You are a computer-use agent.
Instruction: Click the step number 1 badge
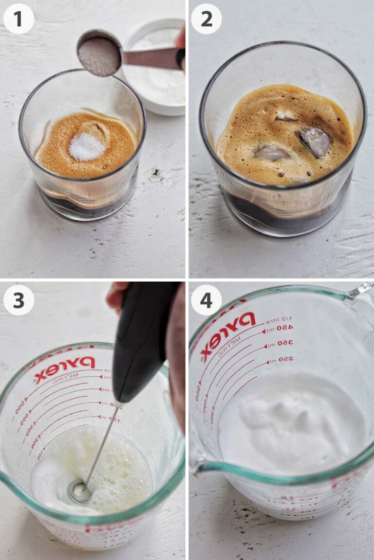[x=19, y=18]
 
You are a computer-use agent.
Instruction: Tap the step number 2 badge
[x=206, y=18]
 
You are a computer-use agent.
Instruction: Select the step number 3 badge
[x=19, y=300]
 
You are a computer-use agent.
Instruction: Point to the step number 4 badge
[x=206, y=300]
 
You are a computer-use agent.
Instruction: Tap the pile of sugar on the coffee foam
[x=86, y=146]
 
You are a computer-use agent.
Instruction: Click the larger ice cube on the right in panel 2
[x=314, y=141]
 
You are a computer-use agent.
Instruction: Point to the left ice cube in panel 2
[x=271, y=154]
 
